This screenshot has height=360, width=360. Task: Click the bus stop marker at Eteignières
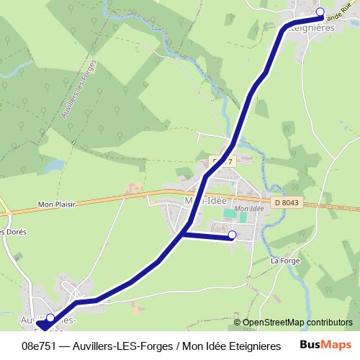pos(320,12)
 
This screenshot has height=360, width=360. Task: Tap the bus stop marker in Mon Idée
pos(232,235)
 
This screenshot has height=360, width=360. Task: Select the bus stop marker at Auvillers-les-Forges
pos(50,318)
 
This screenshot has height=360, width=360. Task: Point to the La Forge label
pos(284,261)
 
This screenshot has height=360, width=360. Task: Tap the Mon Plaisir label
pos(56,204)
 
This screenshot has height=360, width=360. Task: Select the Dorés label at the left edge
pos(12,232)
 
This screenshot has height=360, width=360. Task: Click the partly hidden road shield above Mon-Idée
pos(222,161)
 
